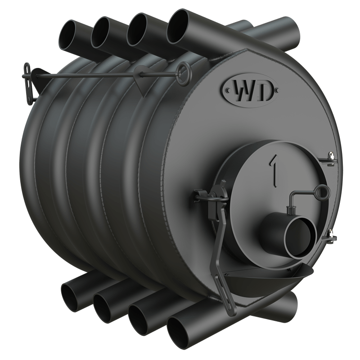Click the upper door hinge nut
pos(331,156)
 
